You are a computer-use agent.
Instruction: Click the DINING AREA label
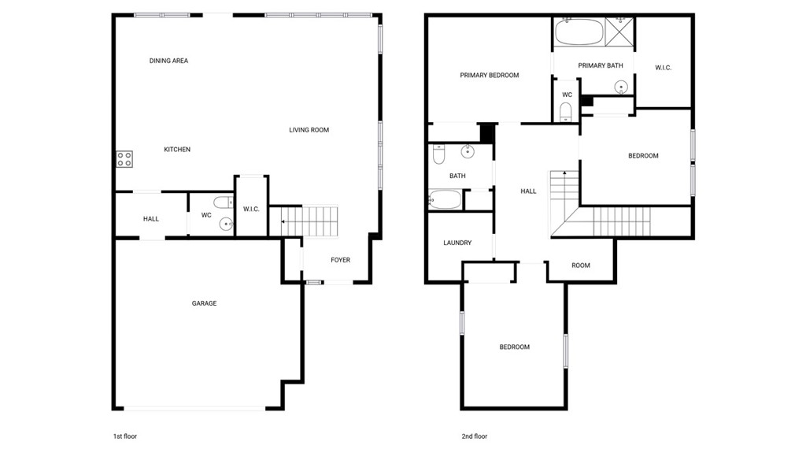[168, 61]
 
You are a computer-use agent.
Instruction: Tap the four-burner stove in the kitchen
[124, 159]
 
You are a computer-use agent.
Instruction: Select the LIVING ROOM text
[309, 130]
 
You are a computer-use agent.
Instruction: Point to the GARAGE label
[204, 303]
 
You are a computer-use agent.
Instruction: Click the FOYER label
[340, 260]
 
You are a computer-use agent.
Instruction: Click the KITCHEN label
[177, 150]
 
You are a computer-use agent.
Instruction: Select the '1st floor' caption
[125, 436]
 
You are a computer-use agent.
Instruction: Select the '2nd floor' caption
[474, 436]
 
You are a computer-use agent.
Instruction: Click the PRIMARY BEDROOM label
[490, 76]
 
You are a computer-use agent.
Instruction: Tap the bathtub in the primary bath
[579, 33]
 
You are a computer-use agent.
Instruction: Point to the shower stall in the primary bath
[619, 32]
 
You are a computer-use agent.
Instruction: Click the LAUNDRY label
[457, 243]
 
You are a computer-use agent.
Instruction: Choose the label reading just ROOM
[581, 265]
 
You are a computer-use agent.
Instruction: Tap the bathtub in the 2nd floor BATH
[446, 200]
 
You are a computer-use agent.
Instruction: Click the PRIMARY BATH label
[601, 65]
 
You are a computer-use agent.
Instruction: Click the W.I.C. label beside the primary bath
[663, 68]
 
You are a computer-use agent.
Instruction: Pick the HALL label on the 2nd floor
[528, 191]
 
